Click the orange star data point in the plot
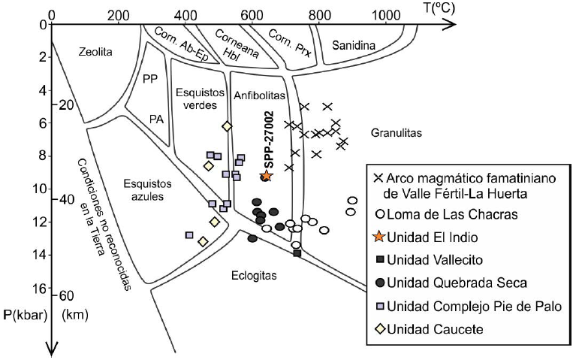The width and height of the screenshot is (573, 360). point(266,175)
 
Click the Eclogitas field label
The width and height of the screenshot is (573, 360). point(255,276)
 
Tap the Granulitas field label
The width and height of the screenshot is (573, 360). point(396,133)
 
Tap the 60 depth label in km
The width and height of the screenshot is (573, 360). point(65,295)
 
